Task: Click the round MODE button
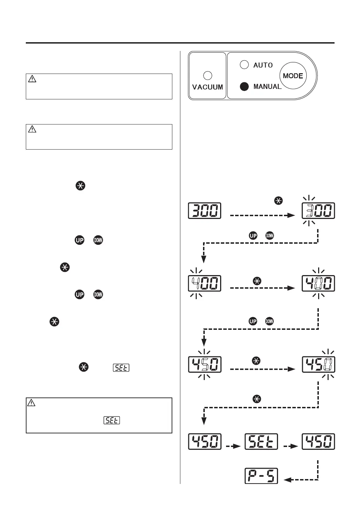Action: pos(293,76)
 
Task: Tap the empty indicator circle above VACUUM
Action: pos(208,76)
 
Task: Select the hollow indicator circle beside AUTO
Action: pos(244,65)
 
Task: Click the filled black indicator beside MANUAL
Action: pos(244,86)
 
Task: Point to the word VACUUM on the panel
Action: pos(208,87)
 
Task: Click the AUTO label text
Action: pos(263,65)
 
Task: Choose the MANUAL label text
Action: pos(267,86)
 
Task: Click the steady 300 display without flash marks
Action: pos(205,211)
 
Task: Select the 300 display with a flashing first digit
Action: pos(318,211)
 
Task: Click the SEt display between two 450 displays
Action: pos(261,441)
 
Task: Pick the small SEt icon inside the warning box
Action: pos(112,420)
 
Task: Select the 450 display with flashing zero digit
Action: pos(318,364)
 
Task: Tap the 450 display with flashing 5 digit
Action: pos(205,364)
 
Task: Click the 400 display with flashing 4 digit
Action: pos(205,283)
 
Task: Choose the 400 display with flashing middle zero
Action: pos(318,283)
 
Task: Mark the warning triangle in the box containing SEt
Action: pos(31,403)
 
